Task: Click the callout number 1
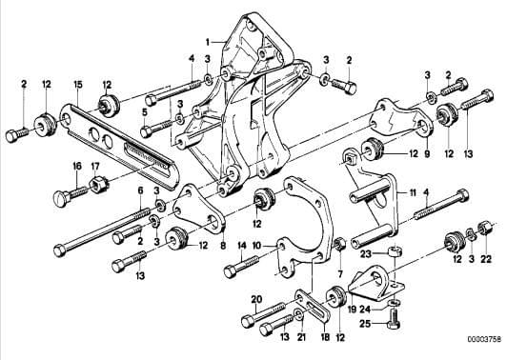pyautogui.click(x=208, y=42)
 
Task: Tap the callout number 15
pyautogui.click(x=78, y=85)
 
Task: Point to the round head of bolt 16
pyautogui.click(x=61, y=198)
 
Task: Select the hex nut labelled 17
pyautogui.click(x=97, y=185)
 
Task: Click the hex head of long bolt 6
pyautogui.click(x=59, y=250)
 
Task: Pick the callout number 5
pyautogui.click(x=145, y=112)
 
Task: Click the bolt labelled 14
pyautogui.click(x=241, y=266)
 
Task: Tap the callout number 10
pyautogui.click(x=256, y=246)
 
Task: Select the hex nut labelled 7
pyautogui.click(x=340, y=244)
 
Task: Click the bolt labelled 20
pyautogui.click(x=264, y=313)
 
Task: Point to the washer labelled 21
pyautogui.click(x=298, y=314)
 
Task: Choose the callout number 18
pyautogui.click(x=325, y=337)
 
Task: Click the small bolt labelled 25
pyautogui.click(x=394, y=317)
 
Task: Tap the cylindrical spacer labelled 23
pyautogui.click(x=395, y=251)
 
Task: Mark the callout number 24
pyautogui.click(x=365, y=309)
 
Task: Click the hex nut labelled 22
pyautogui.click(x=484, y=229)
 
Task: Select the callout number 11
pyautogui.click(x=413, y=192)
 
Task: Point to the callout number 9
pyautogui.click(x=427, y=153)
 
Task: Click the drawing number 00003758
pyautogui.click(x=484, y=339)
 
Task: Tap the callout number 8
pyautogui.click(x=223, y=246)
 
